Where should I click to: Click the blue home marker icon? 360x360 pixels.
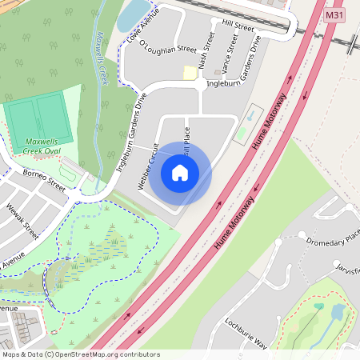[x=180, y=173]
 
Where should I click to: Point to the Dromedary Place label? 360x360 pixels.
[x=334, y=237]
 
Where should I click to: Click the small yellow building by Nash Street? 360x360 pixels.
[x=190, y=73]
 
